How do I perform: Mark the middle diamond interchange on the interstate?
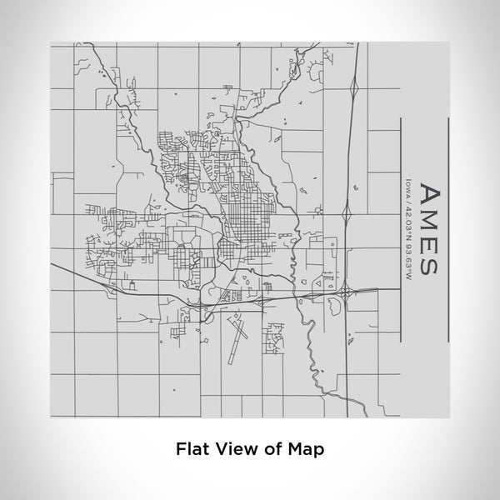(x=346, y=218)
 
